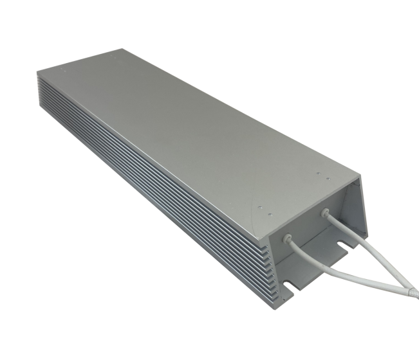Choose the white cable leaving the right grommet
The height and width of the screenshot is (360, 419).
(351, 231)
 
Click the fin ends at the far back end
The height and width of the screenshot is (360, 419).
(40, 90)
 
